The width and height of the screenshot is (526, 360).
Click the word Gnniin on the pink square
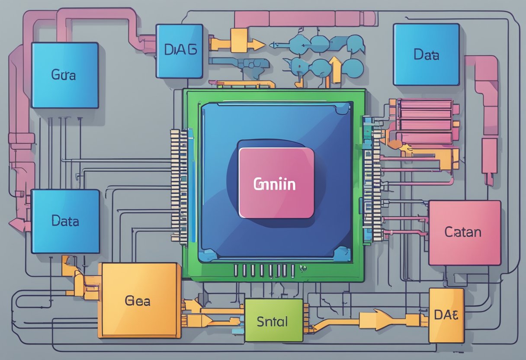pos(274,184)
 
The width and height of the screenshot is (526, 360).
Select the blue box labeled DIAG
pos(180,51)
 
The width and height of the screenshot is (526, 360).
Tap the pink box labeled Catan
pos(464,232)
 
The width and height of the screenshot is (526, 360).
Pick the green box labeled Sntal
pos(273,320)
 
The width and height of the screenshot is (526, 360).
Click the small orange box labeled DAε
pos(446,315)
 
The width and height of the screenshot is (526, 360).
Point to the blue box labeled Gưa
pos(65,75)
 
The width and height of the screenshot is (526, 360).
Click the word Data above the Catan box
pos(426,55)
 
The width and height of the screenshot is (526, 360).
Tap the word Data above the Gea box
pos(65,221)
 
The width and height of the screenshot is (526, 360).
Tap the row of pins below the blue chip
pos(264,271)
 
